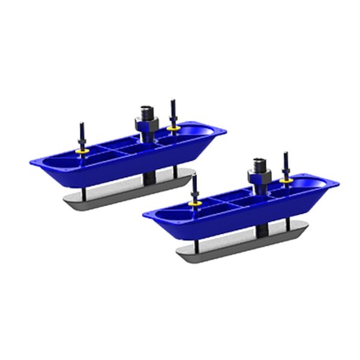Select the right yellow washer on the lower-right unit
286,178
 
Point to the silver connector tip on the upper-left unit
146,109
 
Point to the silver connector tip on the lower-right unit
259,163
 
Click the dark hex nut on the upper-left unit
145,125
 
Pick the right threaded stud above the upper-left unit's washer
173,111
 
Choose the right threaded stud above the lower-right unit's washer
286,163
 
